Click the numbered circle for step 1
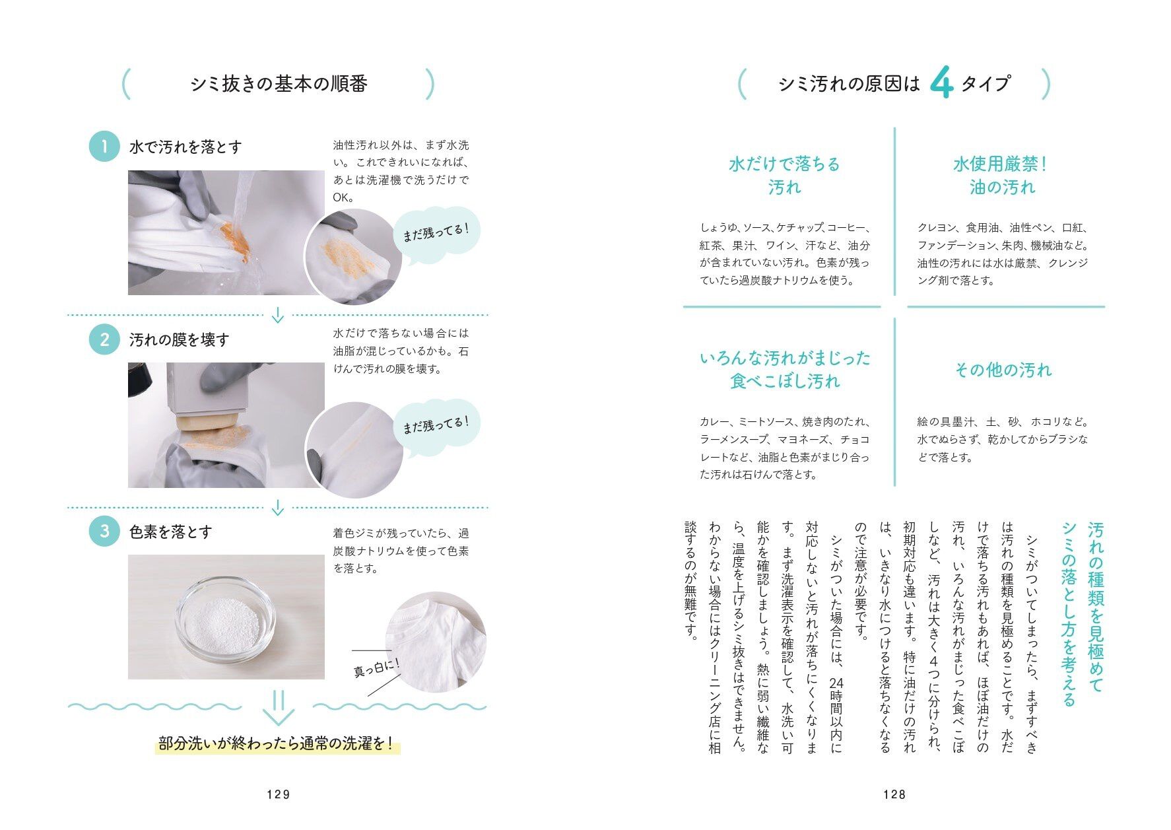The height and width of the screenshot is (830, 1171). [x=104, y=146]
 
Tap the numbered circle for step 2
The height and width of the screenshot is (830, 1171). [x=104, y=339]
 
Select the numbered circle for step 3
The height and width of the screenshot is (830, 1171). [x=104, y=531]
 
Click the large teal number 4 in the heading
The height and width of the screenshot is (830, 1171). [x=941, y=83]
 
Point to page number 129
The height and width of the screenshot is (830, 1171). [x=279, y=794]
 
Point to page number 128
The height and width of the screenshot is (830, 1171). [x=894, y=794]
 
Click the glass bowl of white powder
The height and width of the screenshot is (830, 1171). [x=225, y=619]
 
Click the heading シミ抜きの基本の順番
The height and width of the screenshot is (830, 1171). [x=279, y=84]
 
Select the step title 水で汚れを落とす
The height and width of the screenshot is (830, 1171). [x=185, y=147]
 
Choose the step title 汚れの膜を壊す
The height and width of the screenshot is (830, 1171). [x=179, y=340]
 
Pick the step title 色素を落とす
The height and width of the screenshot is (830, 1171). [x=170, y=532]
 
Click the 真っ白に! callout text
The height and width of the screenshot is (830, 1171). [x=377, y=667]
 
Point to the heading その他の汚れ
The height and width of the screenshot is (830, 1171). [x=1003, y=370]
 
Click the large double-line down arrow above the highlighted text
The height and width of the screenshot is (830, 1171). [x=278, y=709]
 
